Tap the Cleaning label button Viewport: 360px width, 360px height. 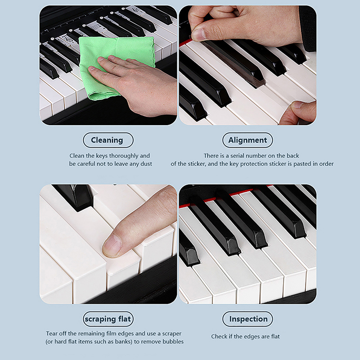[108, 140]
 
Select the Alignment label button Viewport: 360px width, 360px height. [247, 140]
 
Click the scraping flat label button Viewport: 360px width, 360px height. [108, 319]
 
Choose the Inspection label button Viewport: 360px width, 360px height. [247, 319]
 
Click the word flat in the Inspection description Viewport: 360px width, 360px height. [275, 336]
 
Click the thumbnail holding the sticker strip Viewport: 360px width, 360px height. [199, 35]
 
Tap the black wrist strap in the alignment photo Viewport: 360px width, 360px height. [308, 27]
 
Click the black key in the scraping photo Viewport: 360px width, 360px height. [74, 197]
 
